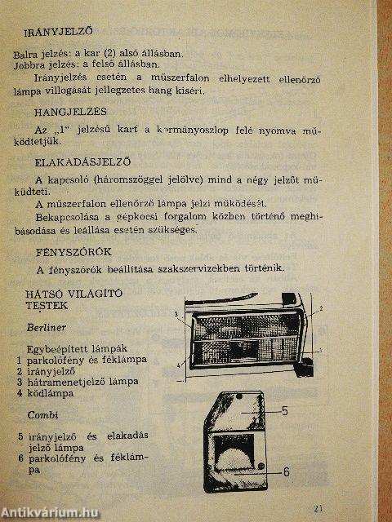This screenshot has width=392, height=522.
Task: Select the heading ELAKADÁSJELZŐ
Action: coord(80,161)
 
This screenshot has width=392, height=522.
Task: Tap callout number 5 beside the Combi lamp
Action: coord(286,410)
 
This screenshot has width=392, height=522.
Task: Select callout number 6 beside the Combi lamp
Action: coord(286,471)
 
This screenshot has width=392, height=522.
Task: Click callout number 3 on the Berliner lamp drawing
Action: coord(176,313)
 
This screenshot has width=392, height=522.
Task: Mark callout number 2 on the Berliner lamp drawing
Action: coord(321,308)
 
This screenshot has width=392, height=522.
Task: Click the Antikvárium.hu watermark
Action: coord(51,511)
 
